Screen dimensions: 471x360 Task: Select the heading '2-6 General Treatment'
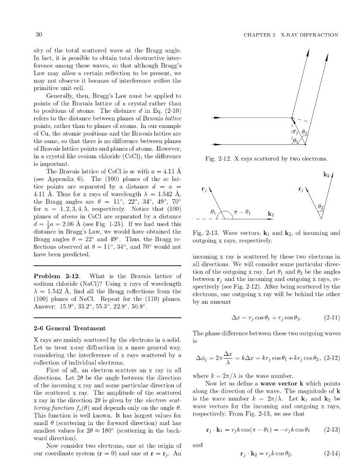(x=70, y=328)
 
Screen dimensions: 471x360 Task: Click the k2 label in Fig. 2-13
(x=326, y=175)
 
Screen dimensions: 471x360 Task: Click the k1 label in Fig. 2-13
(x=271, y=214)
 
